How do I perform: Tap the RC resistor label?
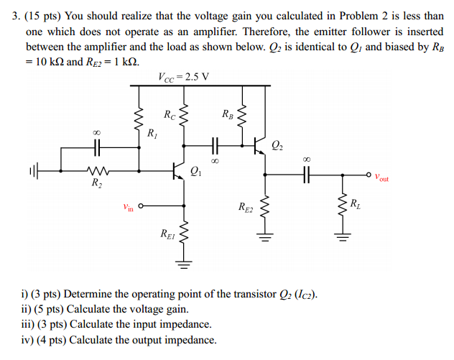pyautogui.click(x=170, y=114)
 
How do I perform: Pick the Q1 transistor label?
pyautogui.click(x=197, y=170)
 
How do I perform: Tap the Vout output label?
pyautogui.click(x=381, y=177)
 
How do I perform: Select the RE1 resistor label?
pyautogui.click(x=167, y=234)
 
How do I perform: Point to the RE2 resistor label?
pyautogui.click(x=246, y=208)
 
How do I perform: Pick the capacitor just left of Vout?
pyautogui.click(x=307, y=173)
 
